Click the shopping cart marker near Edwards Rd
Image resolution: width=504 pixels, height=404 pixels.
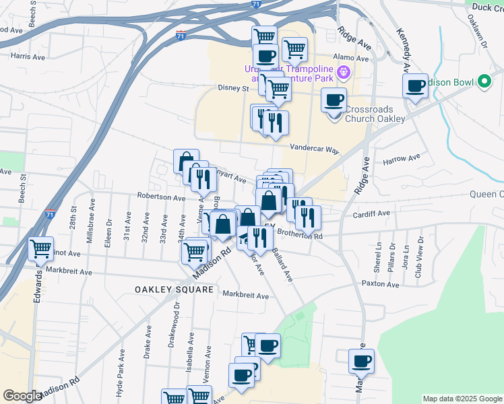(41, 249)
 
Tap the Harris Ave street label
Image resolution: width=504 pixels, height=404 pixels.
(28, 57)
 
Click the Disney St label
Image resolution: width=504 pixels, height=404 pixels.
(233, 88)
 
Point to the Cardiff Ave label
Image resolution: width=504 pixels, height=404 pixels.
(372, 213)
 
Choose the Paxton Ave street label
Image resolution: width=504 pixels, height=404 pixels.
(381, 284)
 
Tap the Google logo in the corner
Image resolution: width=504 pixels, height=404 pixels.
(22, 396)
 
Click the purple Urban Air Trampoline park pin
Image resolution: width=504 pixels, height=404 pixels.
(342, 73)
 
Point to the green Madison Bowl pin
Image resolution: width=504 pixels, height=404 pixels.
(482, 82)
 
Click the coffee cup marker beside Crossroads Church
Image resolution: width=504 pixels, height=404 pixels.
(333, 100)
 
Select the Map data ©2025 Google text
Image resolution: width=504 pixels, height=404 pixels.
(462, 399)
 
